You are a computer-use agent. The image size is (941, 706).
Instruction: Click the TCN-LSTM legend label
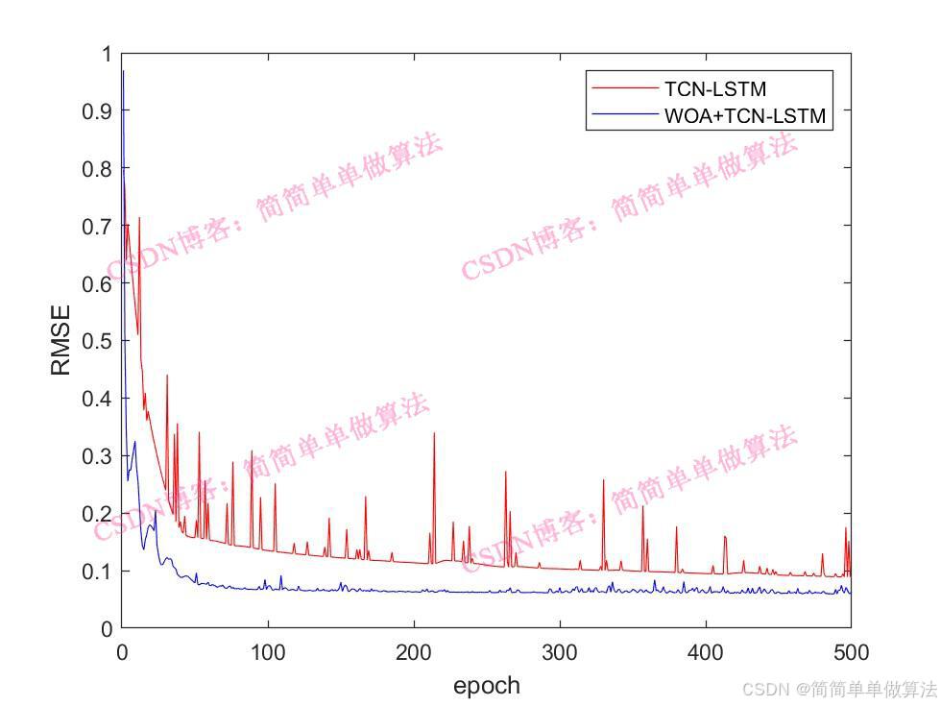click(x=714, y=89)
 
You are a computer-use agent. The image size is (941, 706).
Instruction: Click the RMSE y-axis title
click(x=60, y=340)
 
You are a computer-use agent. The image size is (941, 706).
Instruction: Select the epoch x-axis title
click(x=486, y=685)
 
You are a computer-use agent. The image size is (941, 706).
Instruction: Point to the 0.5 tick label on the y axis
click(x=96, y=341)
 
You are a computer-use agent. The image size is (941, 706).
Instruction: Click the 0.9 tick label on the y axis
click(x=96, y=110)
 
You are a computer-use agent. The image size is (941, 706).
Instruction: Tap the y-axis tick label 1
click(x=106, y=53)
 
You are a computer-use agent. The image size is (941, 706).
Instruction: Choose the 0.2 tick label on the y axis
click(x=96, y=514)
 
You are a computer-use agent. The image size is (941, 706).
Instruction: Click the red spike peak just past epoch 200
click(x=434, y=433)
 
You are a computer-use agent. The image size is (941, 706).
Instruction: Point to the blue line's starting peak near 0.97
click(x=123, y=71)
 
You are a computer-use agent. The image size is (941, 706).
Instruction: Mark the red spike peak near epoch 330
click(x=604, y=480)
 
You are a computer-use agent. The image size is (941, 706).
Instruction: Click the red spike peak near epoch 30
click(x=167, y=376)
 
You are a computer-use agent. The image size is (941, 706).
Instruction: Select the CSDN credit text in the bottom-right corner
click(x=840, y=689)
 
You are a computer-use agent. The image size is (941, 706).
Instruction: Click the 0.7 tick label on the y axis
click(x=96, y=226)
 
